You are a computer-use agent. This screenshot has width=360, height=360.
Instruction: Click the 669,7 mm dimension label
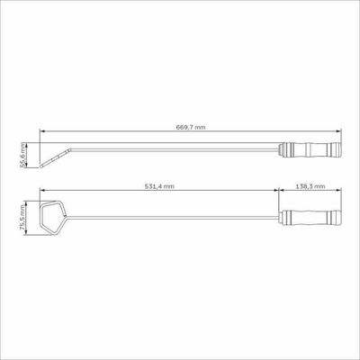191,127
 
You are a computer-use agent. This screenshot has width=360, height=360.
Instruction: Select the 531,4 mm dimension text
159,186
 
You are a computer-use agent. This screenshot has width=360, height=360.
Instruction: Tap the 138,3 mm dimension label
310,186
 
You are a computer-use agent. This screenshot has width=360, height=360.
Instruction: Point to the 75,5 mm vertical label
22,218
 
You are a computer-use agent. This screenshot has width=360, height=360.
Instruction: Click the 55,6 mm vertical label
22,155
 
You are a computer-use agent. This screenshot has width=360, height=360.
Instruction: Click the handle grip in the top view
311,149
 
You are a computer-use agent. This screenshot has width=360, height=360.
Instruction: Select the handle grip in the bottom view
311,217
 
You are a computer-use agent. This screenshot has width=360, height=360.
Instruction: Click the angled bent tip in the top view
56,157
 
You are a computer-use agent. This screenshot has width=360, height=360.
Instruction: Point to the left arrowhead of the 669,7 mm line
42,131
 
